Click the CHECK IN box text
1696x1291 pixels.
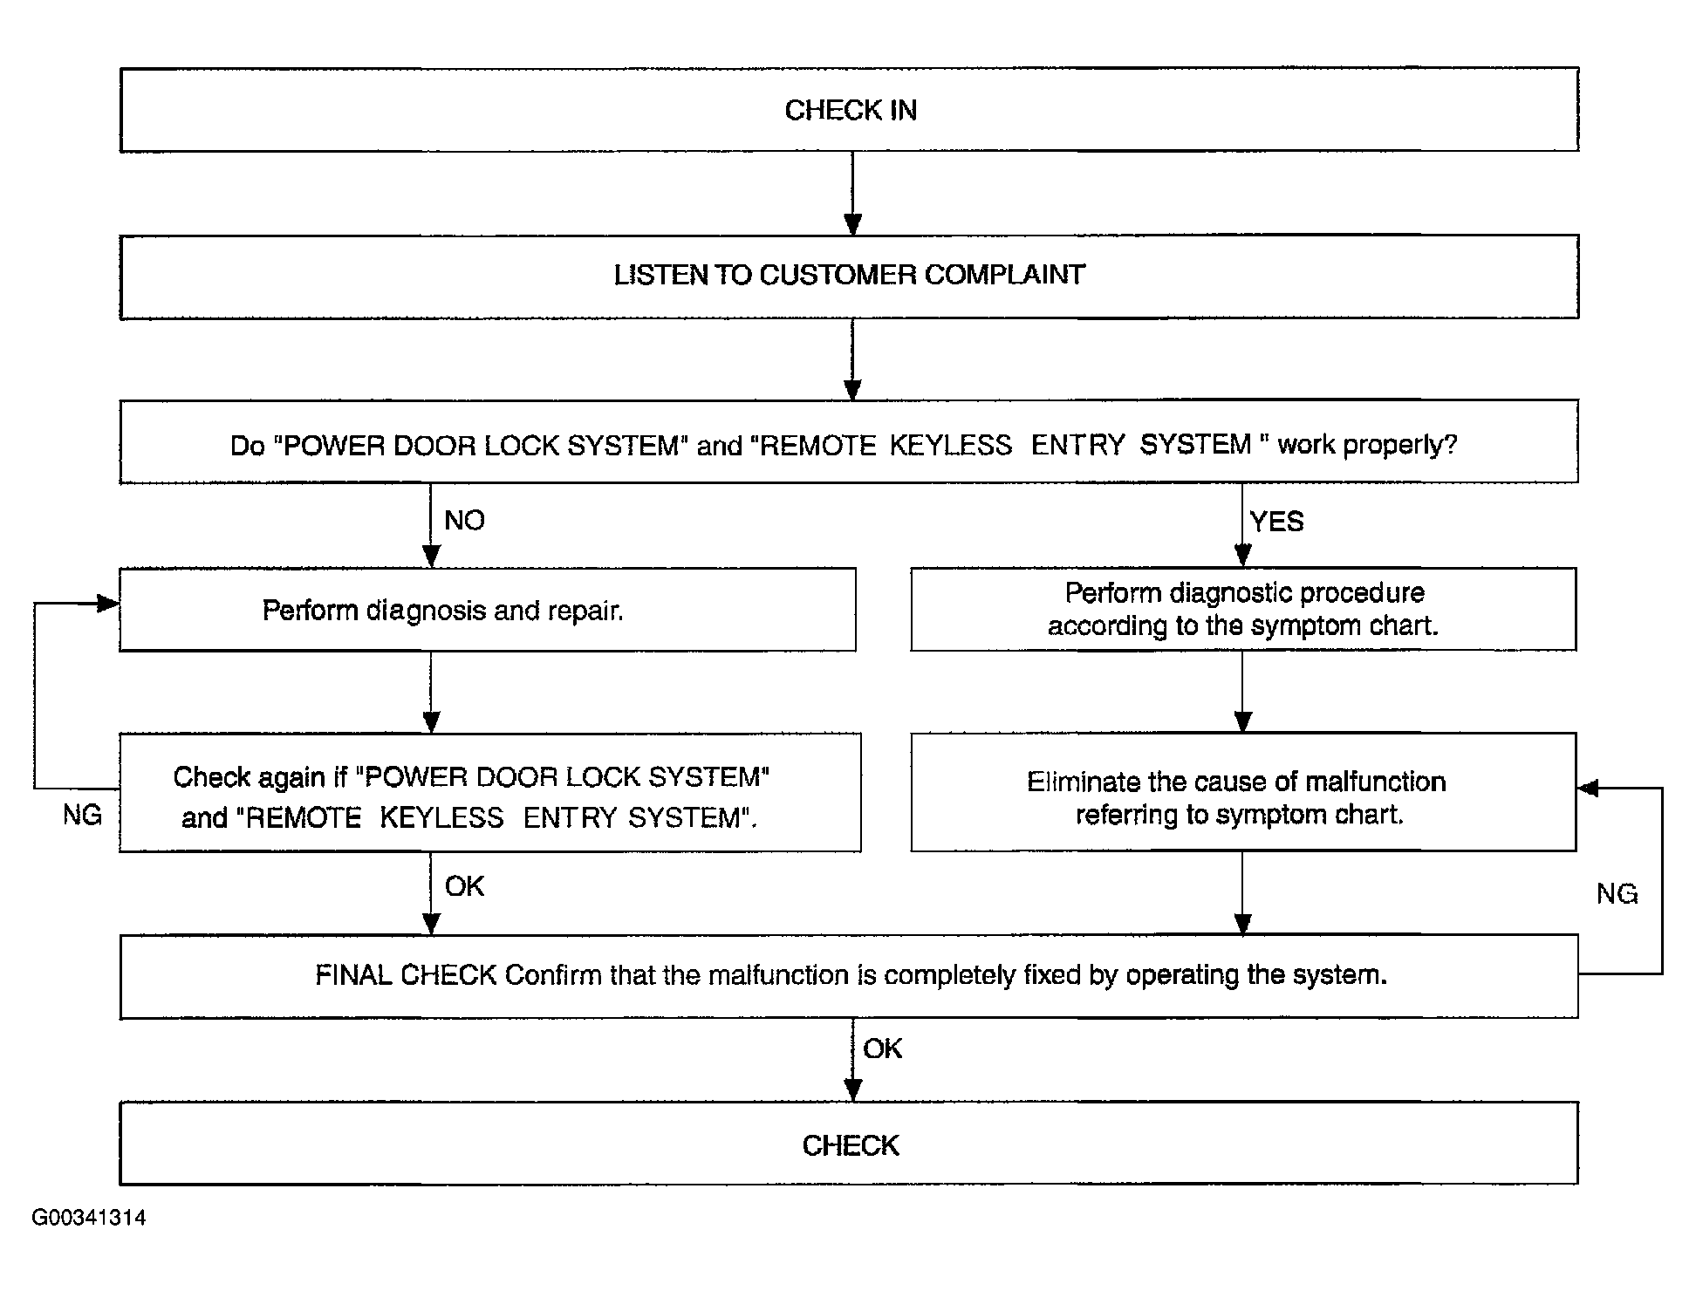click(x=851, y=110)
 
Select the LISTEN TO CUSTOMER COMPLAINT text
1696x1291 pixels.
click(x=850, y=275)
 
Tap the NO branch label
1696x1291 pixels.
click(x=464, y=521)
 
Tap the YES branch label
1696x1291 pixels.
click(x=1276, y=522)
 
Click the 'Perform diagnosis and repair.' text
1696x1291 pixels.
click(x=443, y=611)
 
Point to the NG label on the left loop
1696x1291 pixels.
click(x=82, y=816)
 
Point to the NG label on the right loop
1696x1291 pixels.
click(x=1617, y=894)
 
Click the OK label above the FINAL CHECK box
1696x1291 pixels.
click(x=464, y=886)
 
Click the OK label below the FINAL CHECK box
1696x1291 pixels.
click(x=882, y=1049)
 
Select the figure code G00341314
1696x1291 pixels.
click(x=89, y=1218)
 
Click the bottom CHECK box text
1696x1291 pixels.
click(x=851, y=1145)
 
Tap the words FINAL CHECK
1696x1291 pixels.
click(x=406, y=975)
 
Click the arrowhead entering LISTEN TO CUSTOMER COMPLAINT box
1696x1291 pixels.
click(x=853, y=224)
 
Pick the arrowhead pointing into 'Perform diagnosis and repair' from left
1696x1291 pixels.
click(x=109, y=604)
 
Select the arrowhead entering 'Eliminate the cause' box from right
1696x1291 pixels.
click(x=1588, y=789)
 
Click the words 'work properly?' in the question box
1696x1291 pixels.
click(x=1367, y=445)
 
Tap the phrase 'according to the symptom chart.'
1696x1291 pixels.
click(x=1242, y=626)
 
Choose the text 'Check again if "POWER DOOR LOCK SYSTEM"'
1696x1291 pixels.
click(x=471, y=777)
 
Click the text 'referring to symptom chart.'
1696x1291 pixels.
click(x=1240, y=815)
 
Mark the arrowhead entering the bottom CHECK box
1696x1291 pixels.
click(x=853, y=1090)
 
